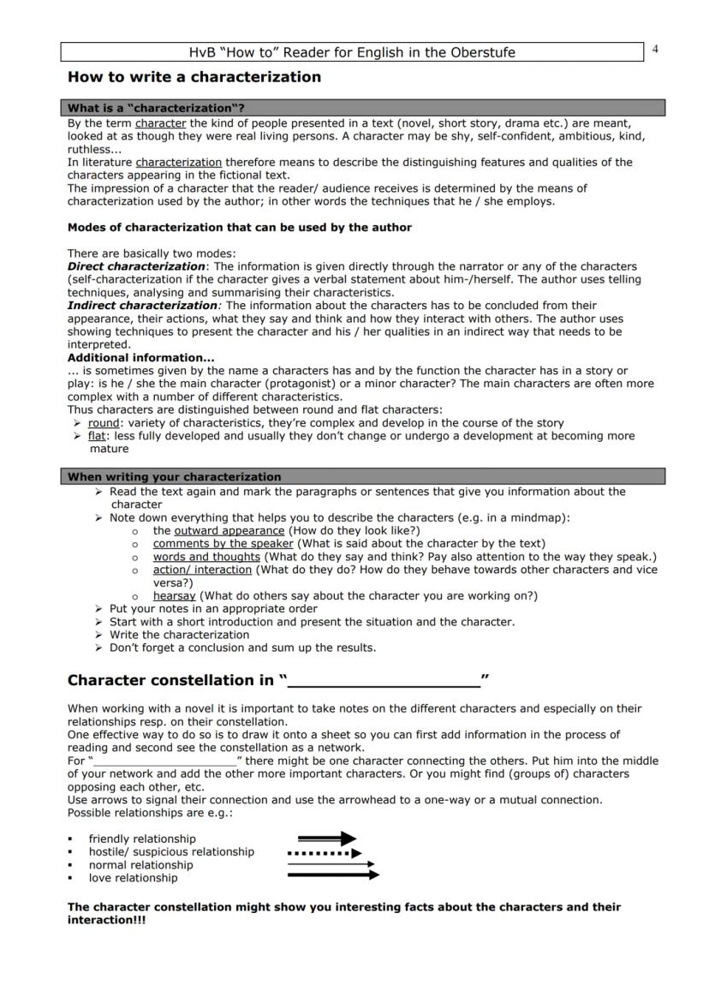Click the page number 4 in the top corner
tap(655, 49)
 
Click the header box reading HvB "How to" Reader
tap(352, 52)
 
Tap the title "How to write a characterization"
tap(194, 77)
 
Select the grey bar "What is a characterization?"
tap(366, 108)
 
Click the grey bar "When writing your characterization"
tap(366, 476)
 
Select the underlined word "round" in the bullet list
tap(104, 423)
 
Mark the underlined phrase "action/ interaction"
tap(202, 570)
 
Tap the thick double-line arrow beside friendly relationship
tap(326, 839)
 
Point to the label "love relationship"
tap(133, 878)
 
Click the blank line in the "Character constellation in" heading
tap(384, 682)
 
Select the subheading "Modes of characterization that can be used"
tap(240, 228)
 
